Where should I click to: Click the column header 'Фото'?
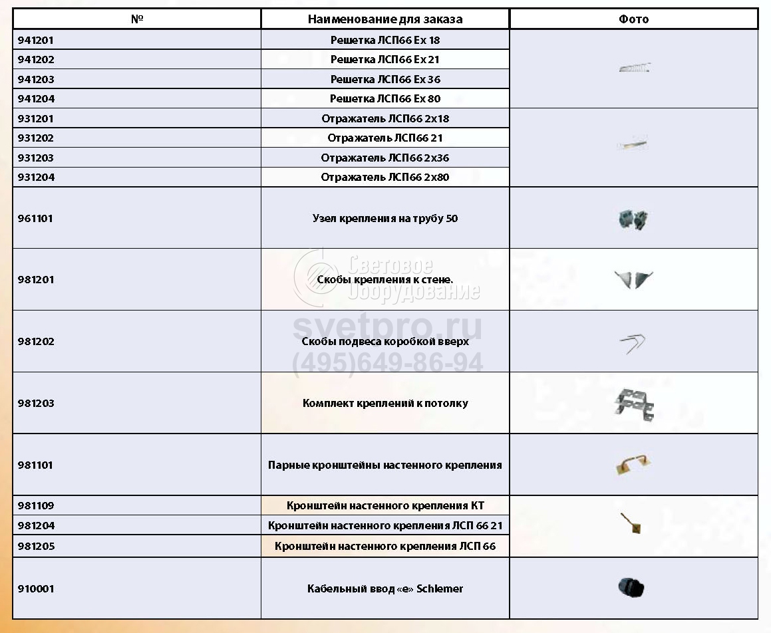pos(633,19)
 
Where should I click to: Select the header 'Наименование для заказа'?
pos(385,19)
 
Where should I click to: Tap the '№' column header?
pos(137,19)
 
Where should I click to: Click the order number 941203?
pos(36,79)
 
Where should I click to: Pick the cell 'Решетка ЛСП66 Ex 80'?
pos(385,99)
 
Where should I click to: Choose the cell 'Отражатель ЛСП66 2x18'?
pos(385,119)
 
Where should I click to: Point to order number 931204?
pos(36,178)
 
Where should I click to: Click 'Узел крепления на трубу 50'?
pos(385,218)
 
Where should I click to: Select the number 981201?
pos(36,280)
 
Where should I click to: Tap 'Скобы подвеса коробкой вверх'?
pos(385,342)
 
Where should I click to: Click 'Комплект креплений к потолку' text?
pos(385,404)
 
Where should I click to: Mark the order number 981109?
pos(36,506)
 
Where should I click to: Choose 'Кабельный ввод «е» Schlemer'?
pos(385,589)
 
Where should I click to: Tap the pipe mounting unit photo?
pos(633,219)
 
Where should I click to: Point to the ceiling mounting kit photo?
pos(633,404)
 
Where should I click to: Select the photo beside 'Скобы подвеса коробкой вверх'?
pos(633,343)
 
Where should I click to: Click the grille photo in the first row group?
pos(634,68)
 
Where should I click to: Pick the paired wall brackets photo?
pos(633,465)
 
